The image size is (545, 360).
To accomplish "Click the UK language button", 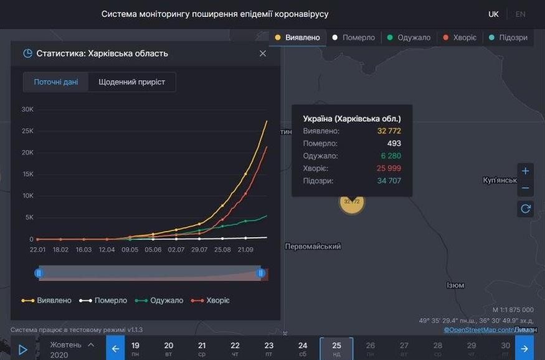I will coord(493,14).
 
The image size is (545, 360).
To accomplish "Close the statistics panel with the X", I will coord(263,54).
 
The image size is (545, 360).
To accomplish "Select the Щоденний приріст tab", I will coord(131,82).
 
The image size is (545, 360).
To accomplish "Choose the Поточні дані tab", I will coord(56,82).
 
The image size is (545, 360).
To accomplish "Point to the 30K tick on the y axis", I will coord(27,110).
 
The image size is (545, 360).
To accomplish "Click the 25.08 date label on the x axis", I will coord(222,249).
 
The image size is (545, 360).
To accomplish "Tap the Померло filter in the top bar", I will coord(353,37).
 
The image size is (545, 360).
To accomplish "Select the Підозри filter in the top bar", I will coord(508,37).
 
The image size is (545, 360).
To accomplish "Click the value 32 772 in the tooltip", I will coord(389,131).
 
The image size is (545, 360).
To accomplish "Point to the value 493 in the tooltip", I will coord(394,143).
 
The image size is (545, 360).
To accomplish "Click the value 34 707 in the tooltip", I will coord(389,181).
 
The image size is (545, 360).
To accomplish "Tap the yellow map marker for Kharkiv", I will coord(352,202).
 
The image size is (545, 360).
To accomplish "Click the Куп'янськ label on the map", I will coord(500,181).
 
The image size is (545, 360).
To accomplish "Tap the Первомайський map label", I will coord(313,247).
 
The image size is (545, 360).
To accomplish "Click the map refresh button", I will coord(525,209).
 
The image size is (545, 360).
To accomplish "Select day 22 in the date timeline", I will coord(235,349).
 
